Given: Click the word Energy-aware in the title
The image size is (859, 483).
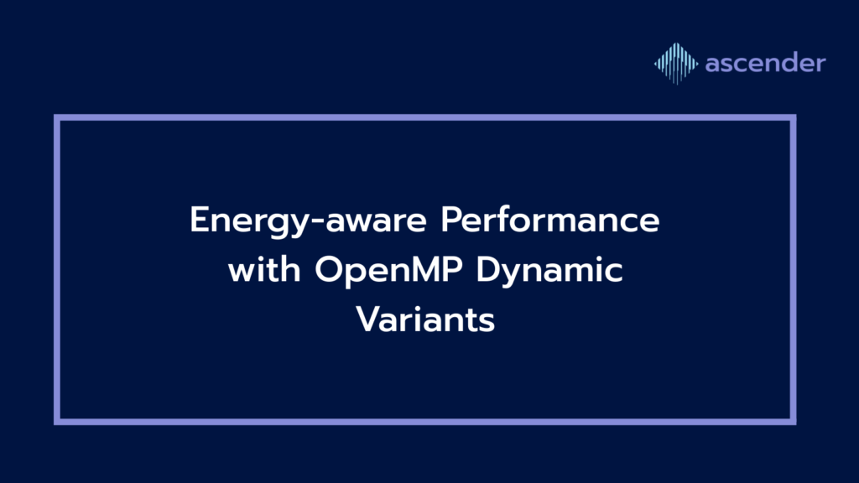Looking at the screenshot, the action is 308,221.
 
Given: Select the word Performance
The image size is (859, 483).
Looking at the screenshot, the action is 550,220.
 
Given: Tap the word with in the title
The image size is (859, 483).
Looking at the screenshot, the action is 264,269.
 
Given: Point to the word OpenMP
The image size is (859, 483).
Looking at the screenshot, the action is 388,272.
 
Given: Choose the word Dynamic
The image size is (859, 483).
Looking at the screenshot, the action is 549,272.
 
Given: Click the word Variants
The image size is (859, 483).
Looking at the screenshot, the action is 425,319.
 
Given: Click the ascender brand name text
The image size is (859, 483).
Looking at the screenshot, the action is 765,63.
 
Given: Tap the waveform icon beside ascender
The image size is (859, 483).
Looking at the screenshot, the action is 676,64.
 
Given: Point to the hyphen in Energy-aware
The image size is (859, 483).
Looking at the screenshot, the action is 317,222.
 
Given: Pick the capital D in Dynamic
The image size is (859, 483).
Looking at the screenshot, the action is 489,269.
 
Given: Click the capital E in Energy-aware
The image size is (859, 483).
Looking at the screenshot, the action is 200,220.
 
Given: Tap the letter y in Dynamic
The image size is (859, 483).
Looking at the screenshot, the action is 517,276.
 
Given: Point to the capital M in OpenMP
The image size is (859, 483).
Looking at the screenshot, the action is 424,269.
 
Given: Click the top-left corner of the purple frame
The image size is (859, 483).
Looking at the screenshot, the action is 57,117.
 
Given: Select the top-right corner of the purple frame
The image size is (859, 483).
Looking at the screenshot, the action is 794,117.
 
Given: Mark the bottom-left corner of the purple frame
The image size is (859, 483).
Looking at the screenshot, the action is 57,422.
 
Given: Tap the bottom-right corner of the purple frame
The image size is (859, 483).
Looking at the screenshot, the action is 794,422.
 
